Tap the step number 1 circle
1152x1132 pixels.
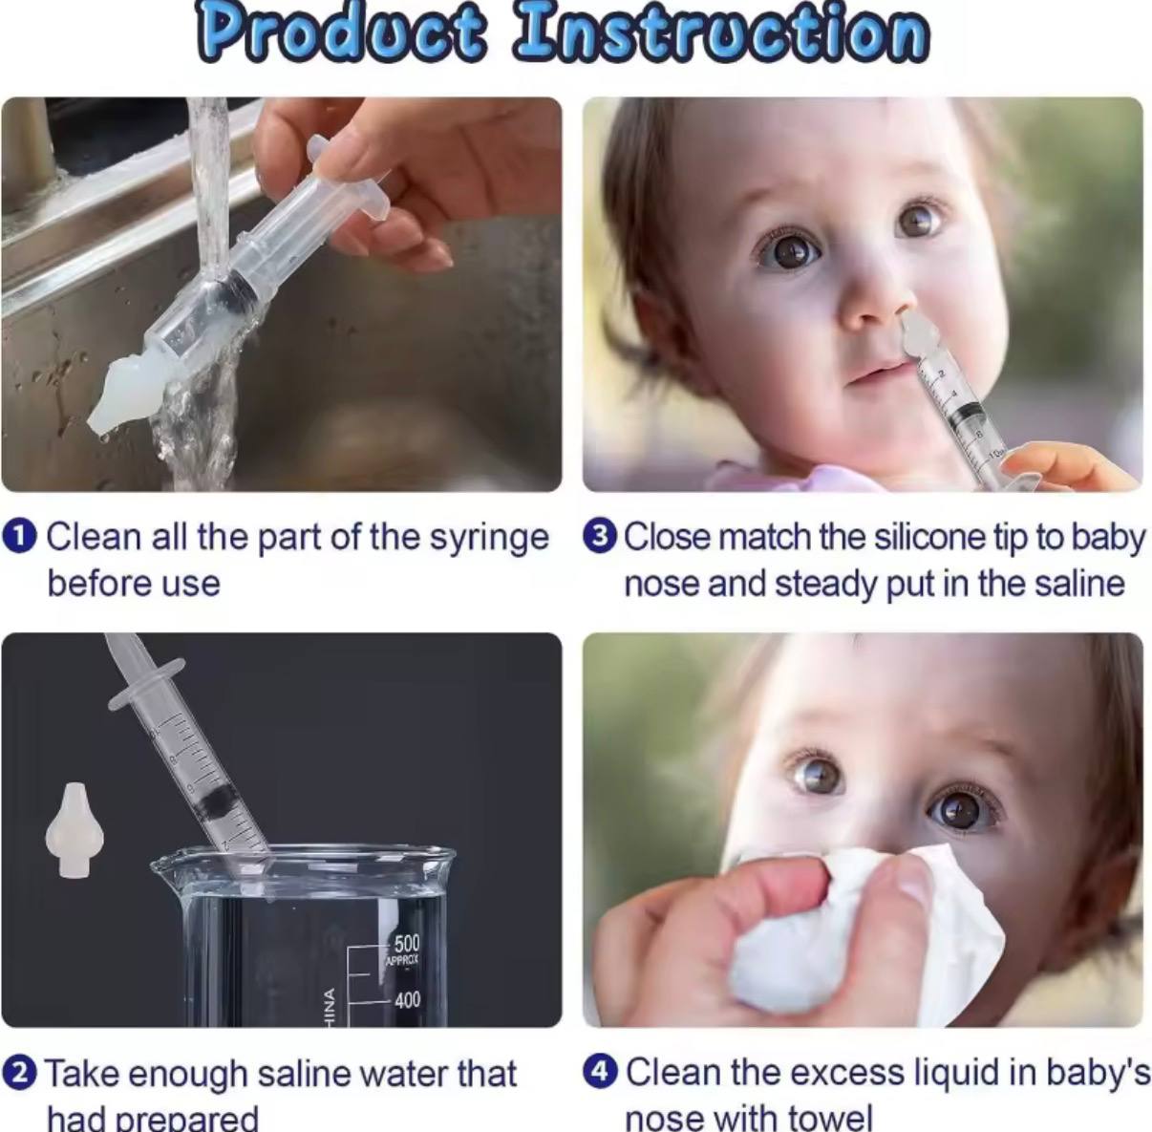pyautogui.click(x=20, y=536)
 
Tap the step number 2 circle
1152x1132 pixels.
pyautogui.click(x=20, y=1073)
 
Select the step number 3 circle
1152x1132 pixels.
pyautogui.click(x=599, y=536)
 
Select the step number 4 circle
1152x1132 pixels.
pyautogui.click(x=600, y=1072)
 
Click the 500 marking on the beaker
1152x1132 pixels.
pyautogui.click(x=406, y=945)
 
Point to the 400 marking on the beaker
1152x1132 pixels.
pyautogui.click(x=407, y=1000)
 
